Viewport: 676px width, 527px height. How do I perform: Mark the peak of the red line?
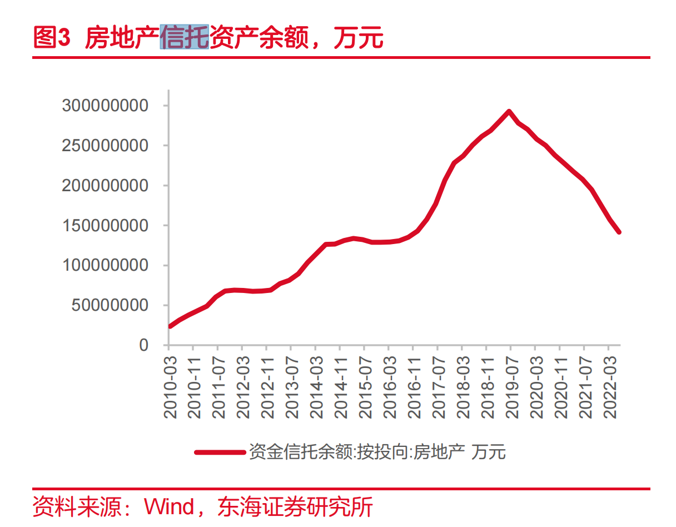pyautogui.click(x=509, y=112)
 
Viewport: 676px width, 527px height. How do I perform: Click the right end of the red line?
pyautogui.click(x=619, y=232)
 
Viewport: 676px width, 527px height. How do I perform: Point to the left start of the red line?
pyautogui.click(x=170, y=326)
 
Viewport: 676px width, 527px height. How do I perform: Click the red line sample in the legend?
pyautogui.click(x=220, y=452)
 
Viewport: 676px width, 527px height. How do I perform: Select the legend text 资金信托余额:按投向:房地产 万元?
pyautogui.click(x=377, y=452)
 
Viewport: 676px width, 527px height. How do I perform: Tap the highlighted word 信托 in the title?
pyautogui.click(x=185, y=37)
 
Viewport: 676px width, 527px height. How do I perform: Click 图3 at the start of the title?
pyautogui.click(x=52, y=37)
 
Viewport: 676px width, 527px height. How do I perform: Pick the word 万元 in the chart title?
pyautogui.click(x=359, y=37)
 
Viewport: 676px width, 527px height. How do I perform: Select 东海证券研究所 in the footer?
pyautogui.click(x=295, y=507)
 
